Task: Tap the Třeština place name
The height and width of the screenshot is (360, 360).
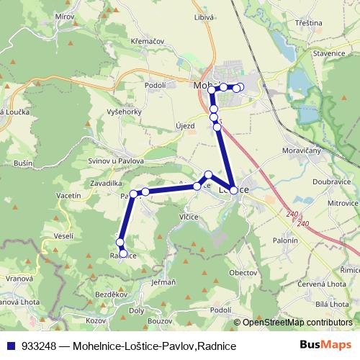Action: click(x=308, y=23)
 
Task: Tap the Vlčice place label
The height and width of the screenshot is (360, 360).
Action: click(x=188, y=215)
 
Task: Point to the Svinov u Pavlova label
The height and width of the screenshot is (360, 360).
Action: click(x=116, y=161)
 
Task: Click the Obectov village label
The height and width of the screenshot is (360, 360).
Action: click(x=243, y=273)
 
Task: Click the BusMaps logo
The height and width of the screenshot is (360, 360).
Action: click(x=330, y=346)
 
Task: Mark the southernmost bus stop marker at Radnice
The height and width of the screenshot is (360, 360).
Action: click(x=123, y=253)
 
